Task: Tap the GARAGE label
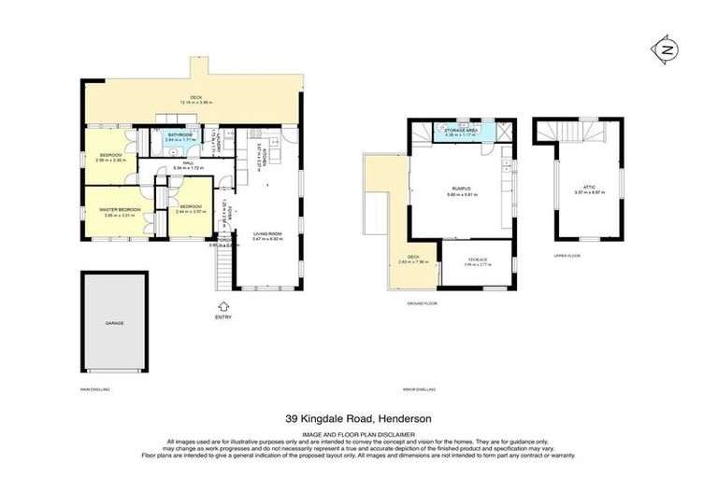(x=114, y=323)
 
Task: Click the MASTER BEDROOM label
(x=120, y=210)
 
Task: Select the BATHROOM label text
(x=179, y=135)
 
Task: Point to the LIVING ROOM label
(x=267, y=234)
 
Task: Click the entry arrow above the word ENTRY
(x=223, y=304)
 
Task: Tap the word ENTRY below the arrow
(x=223, y=317)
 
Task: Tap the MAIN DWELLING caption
(x=94, y=388)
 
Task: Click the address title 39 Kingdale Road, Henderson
(x=358, y=419)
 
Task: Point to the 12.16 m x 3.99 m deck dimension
(x=196, y=103)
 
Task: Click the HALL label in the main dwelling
(x=188, y=164)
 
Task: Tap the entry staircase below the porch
(x=224, y=270)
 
